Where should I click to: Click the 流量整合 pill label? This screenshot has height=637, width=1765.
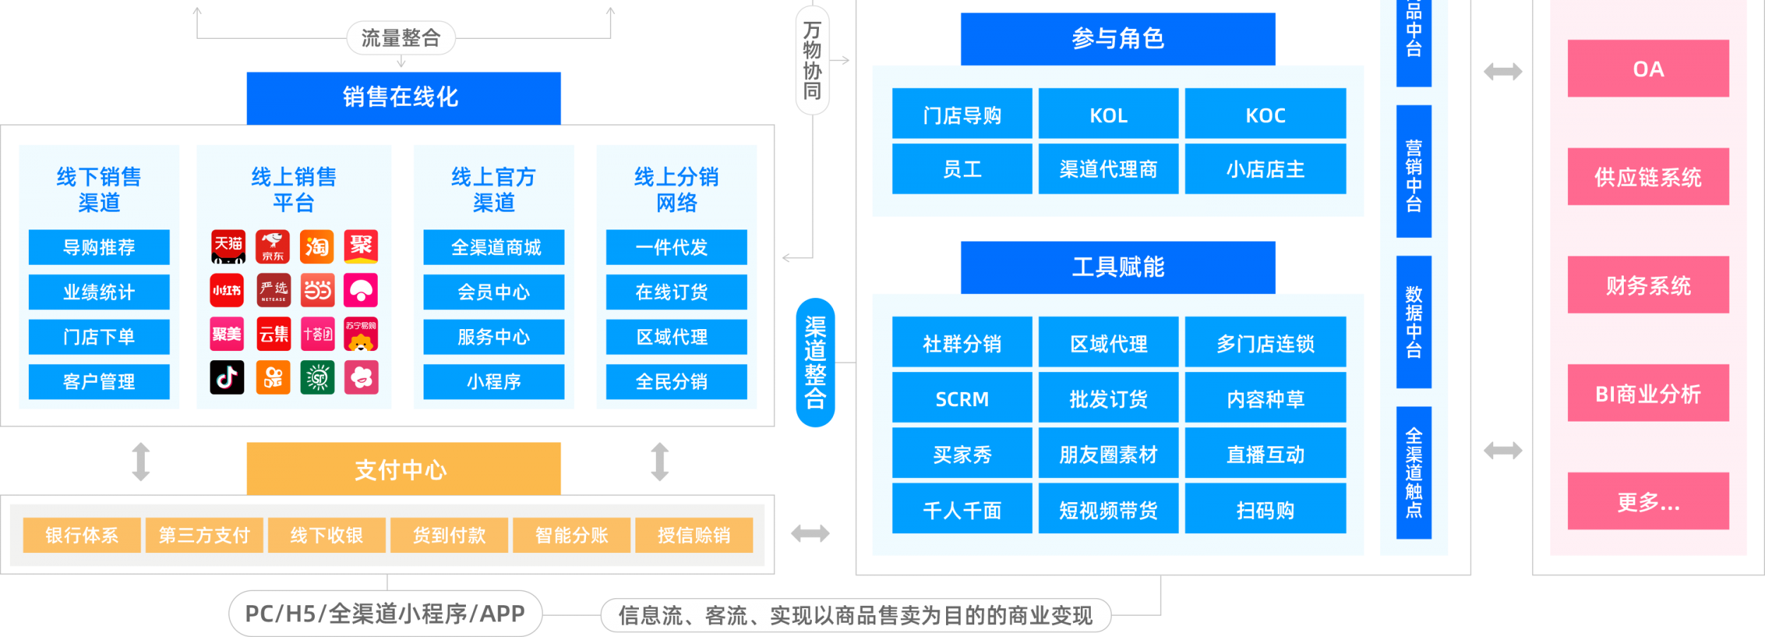click(x=400, y=38)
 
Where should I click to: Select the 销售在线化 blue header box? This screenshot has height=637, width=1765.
click(x=403, y=97)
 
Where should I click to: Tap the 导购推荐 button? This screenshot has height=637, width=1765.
click(x=99, y=247)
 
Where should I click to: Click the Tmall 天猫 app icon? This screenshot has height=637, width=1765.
click(x=228, y=246)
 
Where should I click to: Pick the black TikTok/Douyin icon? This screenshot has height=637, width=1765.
click(x=227, y=377)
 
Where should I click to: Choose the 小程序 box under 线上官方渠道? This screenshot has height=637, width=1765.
click(x=493, y=381)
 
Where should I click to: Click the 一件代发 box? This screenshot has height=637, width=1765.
click(x=676, y=247)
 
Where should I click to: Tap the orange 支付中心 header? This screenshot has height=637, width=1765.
click(x=403, y=469)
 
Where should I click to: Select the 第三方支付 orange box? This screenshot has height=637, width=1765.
click(x=204, y=535)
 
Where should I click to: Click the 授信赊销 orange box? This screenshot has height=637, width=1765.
click(x=693, y=535)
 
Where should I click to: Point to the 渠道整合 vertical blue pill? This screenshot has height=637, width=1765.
click(x=815, y=362)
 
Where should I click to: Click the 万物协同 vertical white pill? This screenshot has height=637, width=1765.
click(x=812, y=60)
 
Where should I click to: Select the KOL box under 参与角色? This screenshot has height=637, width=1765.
click(x=1108, y=114)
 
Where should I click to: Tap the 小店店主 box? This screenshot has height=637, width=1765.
click(x=1264, y=169)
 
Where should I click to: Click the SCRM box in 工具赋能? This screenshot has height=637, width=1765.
click(x=962, y=399)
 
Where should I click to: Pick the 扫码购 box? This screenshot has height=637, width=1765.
click(x=1264, y=509)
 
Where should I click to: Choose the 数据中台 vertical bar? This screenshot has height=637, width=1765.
click(x=1413, y=322)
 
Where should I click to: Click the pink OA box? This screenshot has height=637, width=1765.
click(x=1647, y=69)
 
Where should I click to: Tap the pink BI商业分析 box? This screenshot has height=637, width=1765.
click(x=1647, y=393)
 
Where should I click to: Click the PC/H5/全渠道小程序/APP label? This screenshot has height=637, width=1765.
click(x=385, y=614)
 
